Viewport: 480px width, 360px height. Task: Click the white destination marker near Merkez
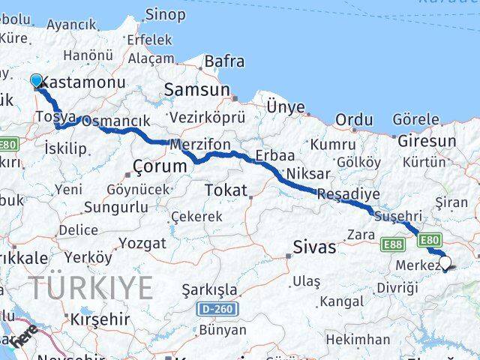coord(445,263)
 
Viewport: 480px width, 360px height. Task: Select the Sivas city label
coord(314,247)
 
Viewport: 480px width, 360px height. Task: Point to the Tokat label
coord(226,190)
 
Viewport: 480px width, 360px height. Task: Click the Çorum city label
coord(158,166)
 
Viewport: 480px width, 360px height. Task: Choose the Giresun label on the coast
coord(426,140)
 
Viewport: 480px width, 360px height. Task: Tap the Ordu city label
coord(354,119)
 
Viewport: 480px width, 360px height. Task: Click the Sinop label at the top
coord(165,13)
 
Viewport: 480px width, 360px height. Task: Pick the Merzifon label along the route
coord(200,144)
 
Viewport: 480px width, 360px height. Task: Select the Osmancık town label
coord(115,121)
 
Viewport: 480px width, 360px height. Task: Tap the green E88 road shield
coord(391,244)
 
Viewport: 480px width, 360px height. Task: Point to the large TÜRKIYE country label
coord(91,287)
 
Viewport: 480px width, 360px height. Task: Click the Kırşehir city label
coord(100,319)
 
